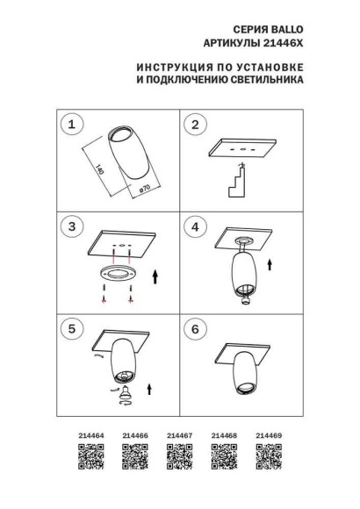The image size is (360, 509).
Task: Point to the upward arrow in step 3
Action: [x=155, y=279]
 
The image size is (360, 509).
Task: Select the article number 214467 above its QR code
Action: [x=179, y=434]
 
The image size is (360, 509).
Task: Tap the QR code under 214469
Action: [x=268, y=455]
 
